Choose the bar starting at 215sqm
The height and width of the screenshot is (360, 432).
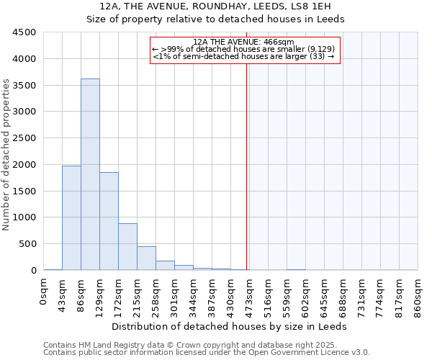pyautogui.click(x=146, y=258)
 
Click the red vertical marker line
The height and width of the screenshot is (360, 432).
pyautogui.click(x=246, y=166)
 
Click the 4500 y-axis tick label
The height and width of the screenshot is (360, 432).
pyautogui.click(x=24, y=32)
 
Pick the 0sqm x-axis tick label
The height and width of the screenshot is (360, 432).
pyautogui.click(x=43, y=291)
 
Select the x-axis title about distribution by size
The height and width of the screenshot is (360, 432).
pyautogui.click(x=230, y=326)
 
